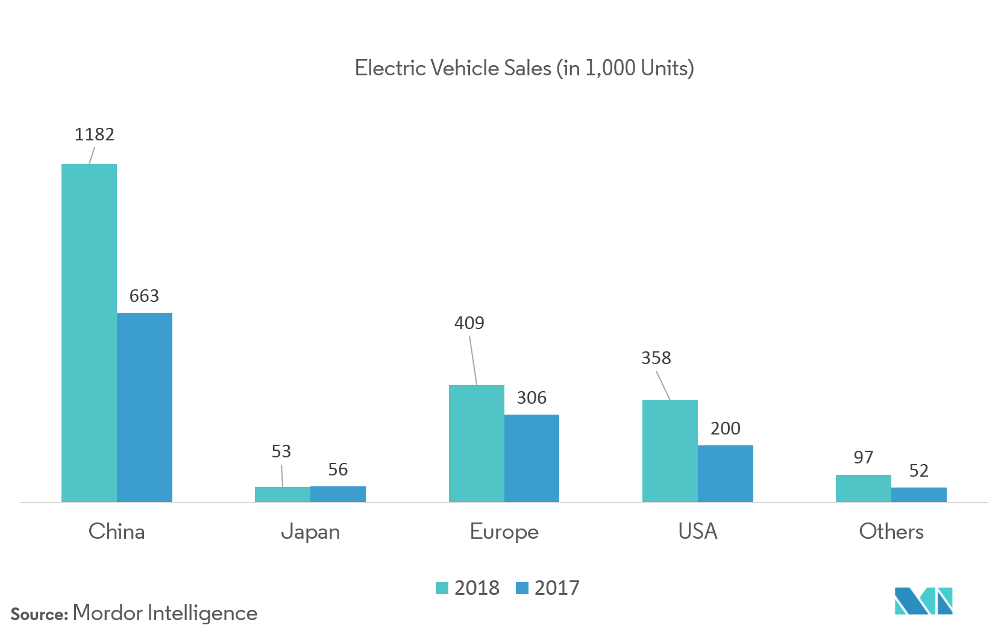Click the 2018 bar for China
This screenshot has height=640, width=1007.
(x=89, y=333)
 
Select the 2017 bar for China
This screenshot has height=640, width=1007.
(x=145, y=407)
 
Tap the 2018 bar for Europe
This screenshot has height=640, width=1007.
(x=476, y=444)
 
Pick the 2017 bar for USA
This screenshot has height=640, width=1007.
(x=725, y=474)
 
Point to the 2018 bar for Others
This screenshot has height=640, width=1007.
(x=863, y=489)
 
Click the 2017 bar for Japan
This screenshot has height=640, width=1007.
(x=338, y=494)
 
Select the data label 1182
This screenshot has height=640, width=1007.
(x=95, y=134)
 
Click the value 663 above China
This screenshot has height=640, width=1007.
(x=144, y=296)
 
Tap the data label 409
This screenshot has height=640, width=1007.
(x=469, y=323)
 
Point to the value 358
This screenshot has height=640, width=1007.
(x=656, y=358)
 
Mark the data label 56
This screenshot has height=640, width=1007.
(x=337, y=469)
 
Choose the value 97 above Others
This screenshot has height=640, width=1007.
(x=863, y=457)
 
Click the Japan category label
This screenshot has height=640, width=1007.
(x=310, y=532)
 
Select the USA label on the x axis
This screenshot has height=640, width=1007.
(x=697, y=531)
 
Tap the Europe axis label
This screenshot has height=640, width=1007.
(x=504, y=532)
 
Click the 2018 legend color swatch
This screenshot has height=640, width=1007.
(x=442, y=588)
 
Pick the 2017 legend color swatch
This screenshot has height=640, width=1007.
(x=522, y=588)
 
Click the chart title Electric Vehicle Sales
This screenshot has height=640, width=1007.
(x=524, y=68)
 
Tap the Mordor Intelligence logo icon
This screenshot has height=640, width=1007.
(x=923, y=601)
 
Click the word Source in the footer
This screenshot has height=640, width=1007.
(x=39, y=615)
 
